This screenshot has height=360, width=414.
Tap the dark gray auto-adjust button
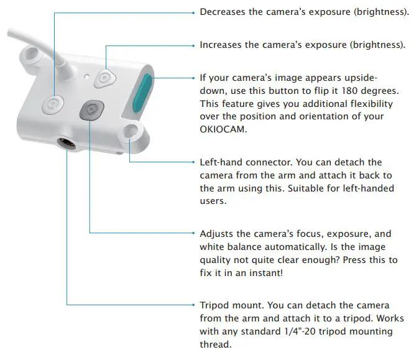91,110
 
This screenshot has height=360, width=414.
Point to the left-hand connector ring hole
131,131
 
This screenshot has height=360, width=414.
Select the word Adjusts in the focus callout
218,234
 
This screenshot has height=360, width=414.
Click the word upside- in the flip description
359,78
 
